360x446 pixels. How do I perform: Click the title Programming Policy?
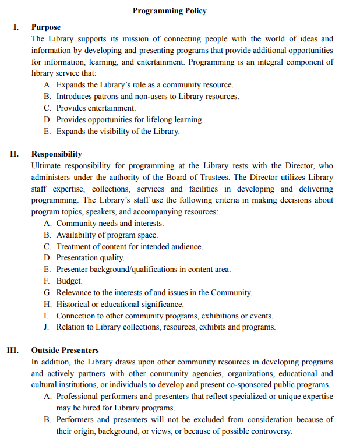pyautogui.click(x=170, y=10)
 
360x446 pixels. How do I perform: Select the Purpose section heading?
pyautogui.click(x=46, y=27)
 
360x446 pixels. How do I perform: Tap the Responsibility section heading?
pyautogui.click(x=57, y=154)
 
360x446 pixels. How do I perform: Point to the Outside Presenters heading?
pyautogui.click(x=65, y=350)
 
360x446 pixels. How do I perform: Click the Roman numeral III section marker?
pyautogui.click(x=12, y=350)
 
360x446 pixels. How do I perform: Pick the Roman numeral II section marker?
pyautogui.click(x=14, y=154)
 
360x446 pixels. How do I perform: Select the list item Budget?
pyautogui.click(x=69, y=281)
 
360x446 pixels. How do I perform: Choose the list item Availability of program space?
pyautogui.click(x=107, y=235)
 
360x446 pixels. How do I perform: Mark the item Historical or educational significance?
pyautogui.click(x=119, y=304)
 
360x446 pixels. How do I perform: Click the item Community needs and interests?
pyautogui.click(x=110, y=223)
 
